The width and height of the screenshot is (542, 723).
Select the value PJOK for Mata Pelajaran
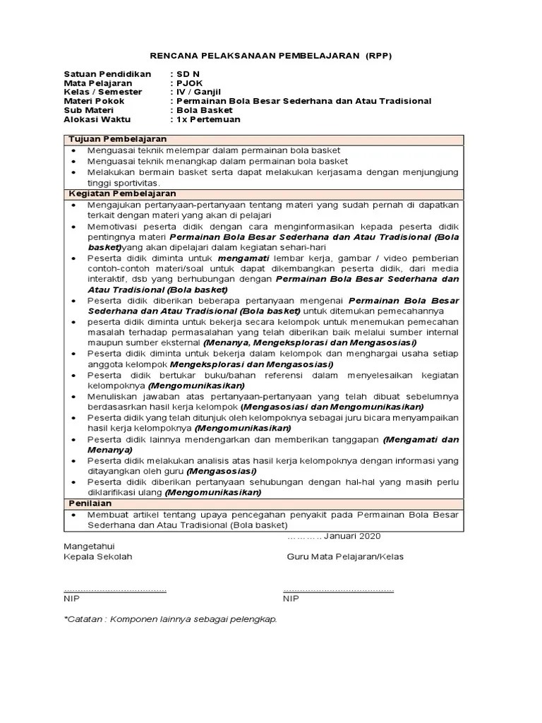(190, 83)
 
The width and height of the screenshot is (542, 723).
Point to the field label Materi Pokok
(92, 101)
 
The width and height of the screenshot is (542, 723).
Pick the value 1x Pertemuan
(208, 119)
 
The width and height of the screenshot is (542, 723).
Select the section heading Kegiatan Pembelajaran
(121, 193)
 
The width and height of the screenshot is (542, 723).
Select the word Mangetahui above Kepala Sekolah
(89, 546)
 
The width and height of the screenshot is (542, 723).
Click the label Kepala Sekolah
(98, 556)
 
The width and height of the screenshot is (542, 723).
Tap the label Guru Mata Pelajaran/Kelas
(345, 556)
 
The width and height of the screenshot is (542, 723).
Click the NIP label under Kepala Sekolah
(71, 599)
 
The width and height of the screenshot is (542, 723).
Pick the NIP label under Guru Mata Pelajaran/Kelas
(291, 599)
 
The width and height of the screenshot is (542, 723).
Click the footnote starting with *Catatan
(170, 619)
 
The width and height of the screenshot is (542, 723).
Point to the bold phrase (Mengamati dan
(421, 439)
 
